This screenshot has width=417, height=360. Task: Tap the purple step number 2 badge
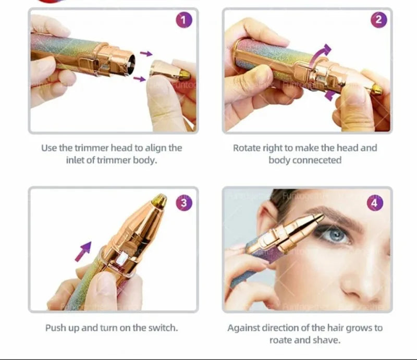coord(378,20)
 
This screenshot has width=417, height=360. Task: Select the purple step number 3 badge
coord(183,203)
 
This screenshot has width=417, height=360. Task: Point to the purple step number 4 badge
coord(375,203)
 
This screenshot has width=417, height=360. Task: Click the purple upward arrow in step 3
coord(83,251)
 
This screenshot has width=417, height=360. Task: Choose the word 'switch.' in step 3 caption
coord(163,328)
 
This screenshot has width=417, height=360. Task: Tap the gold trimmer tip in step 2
coord(376,90)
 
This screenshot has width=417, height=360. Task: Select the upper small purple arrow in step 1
coord(146,54)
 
